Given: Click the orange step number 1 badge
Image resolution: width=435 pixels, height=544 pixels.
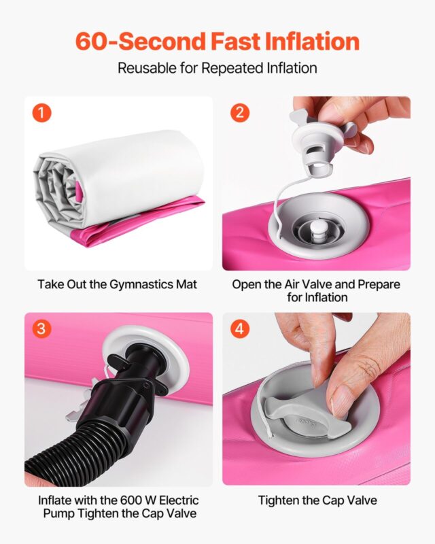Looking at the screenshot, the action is click(41, 113).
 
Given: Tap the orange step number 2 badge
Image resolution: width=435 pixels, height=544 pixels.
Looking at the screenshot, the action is click(240, 112).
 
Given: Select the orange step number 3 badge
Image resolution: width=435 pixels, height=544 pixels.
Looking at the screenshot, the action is click(41, 328).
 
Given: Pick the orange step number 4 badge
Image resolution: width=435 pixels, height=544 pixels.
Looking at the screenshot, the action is click(240, 328).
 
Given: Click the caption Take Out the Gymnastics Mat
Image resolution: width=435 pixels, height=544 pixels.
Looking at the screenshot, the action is click(118, 284).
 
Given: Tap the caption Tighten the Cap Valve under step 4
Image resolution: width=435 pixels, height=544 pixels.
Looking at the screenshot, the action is click(317, 500).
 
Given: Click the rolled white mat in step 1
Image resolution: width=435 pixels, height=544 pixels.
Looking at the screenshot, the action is click(118, 179).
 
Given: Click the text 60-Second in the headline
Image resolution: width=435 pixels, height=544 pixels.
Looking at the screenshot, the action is click(141, 41).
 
